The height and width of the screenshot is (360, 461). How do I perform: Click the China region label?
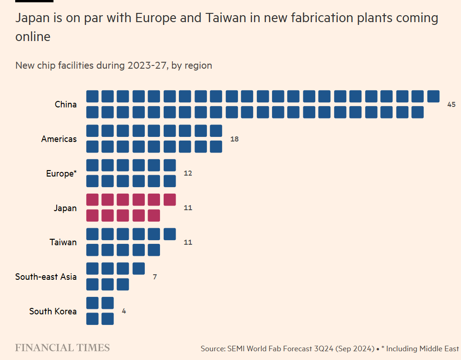(65, 105)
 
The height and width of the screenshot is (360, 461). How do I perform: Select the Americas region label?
(59, 139)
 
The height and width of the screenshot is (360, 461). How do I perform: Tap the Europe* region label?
(61, 173)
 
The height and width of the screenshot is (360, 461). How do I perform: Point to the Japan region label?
(65, 208)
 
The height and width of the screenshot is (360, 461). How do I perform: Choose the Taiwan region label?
(63, 242)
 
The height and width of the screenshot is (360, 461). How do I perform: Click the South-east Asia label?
(46, 277)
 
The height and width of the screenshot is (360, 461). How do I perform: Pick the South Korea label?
(53, 311)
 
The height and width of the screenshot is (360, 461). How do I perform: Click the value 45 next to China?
(451, 105)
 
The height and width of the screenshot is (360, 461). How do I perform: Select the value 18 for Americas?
(234, 139)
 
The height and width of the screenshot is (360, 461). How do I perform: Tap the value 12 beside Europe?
(188, 173)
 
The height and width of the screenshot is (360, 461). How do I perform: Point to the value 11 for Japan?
(188, 208)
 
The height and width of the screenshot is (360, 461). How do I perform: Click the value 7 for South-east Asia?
(155, 277)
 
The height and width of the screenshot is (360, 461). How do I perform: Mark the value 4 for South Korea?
(124, 311)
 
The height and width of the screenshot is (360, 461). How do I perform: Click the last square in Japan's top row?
(170, 200)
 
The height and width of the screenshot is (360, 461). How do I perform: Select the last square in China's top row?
(433, 96)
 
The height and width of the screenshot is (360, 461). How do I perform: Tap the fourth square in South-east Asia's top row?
(138, 268)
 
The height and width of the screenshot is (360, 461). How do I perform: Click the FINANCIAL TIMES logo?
(62, 348)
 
